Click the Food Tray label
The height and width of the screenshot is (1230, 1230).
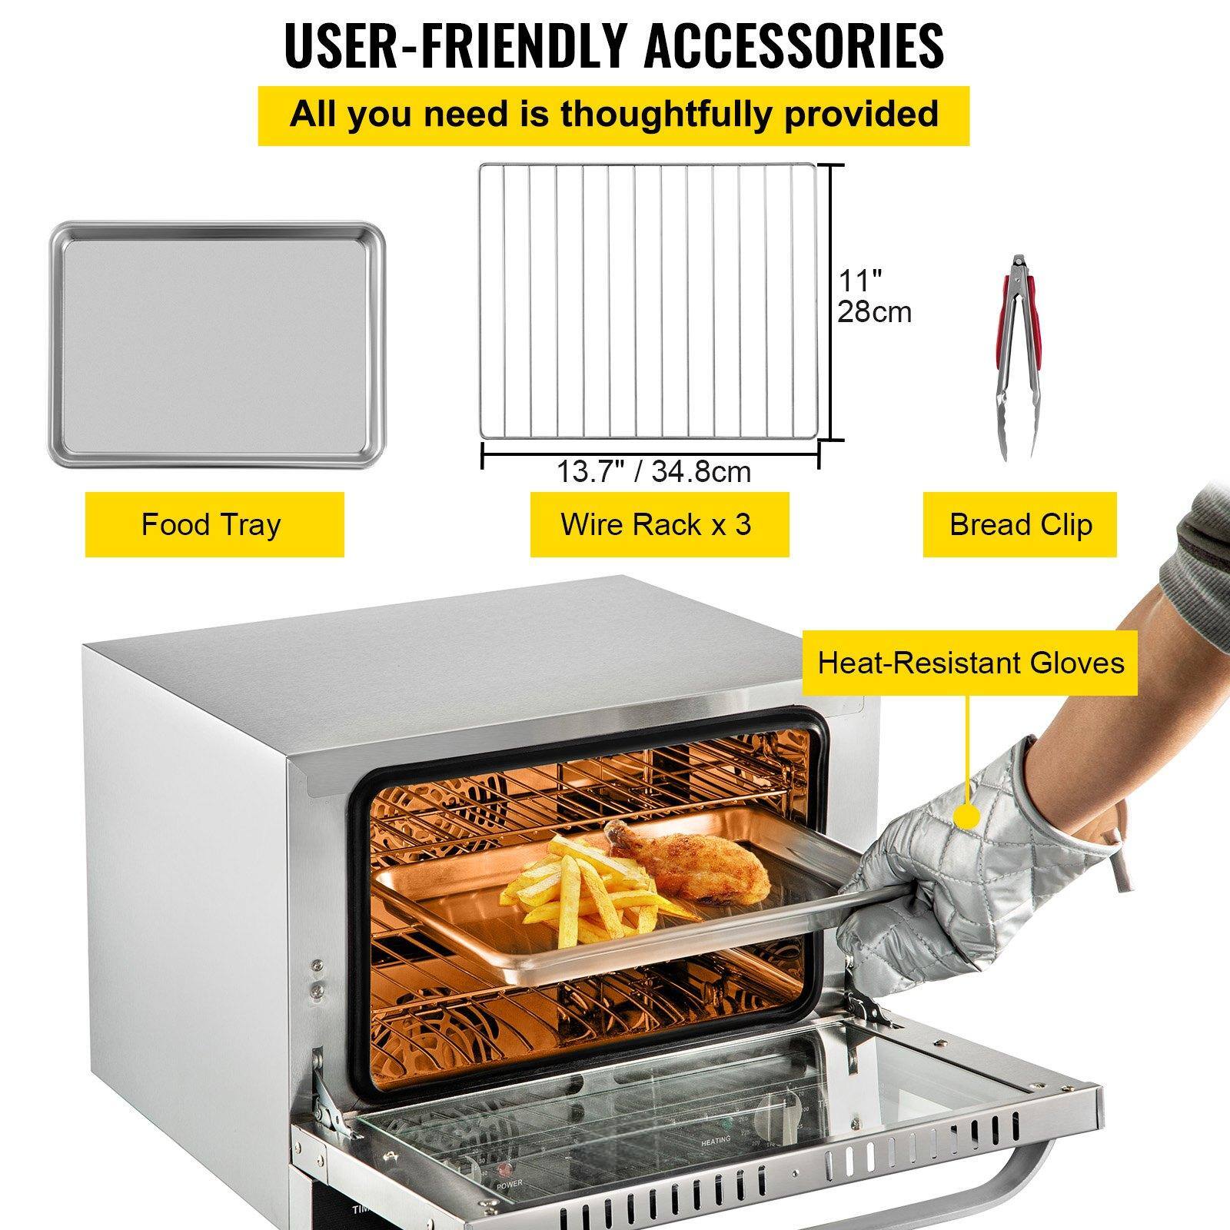click(211, 525)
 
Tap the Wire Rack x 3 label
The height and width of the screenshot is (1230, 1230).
click(656, 525)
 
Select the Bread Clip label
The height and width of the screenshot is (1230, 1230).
click(1020, 525)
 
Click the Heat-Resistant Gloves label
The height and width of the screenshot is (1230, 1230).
click(970, 663)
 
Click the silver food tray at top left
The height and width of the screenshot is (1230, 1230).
click(218, 344)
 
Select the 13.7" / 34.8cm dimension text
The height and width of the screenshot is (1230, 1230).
click(653, 471)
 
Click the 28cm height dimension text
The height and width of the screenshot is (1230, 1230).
click(874, 312)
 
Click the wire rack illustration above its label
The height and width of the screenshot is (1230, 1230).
click(650, 301)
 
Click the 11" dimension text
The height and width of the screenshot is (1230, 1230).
click(859, 278)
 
